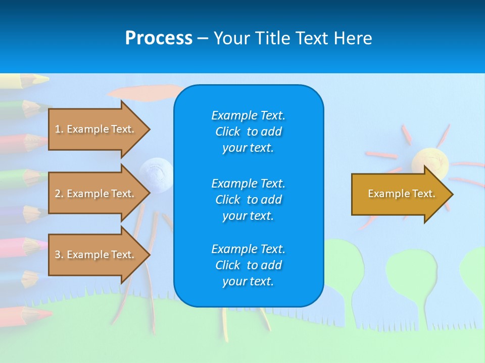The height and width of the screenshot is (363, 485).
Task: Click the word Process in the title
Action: (x=159, y=38)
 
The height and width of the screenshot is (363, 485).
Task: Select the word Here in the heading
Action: (x=352, y=38)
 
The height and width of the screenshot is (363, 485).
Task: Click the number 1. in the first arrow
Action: (x=59, y=129)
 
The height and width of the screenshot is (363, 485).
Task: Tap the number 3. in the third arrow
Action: (x=59, y=255)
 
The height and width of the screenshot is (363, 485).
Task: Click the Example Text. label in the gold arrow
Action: (x=401, y=194)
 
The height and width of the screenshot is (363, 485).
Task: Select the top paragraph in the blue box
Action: (x=248, y=132)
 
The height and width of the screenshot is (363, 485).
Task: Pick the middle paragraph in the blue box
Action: (x=248, y=199)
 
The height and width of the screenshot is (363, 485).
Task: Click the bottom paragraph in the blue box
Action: (x=248, y=265)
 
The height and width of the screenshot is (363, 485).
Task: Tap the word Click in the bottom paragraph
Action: (x=227, y=265)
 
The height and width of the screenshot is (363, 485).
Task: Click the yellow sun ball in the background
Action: (x=429, y=161)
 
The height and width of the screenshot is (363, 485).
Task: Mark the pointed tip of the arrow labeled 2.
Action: (x=150, y=194)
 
